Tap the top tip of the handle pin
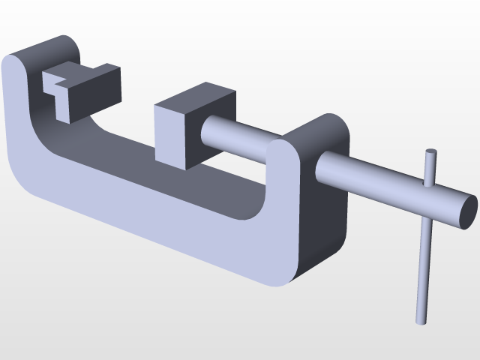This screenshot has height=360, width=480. coord(430,153)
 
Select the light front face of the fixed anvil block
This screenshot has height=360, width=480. coord(66,101)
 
